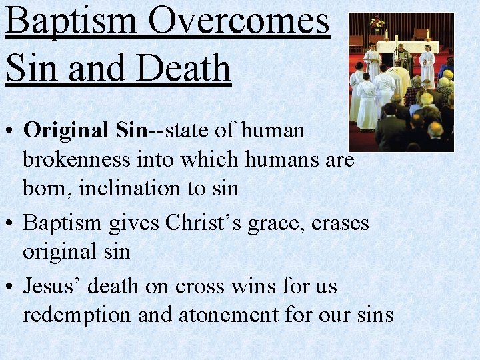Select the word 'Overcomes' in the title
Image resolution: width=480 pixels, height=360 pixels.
pyautogui.click(x=239, y=21)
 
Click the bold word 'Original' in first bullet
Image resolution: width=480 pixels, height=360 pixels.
pyautogui.click(x=65, y=130)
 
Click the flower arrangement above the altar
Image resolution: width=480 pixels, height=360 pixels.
pyautogui.click(x=377, y=24)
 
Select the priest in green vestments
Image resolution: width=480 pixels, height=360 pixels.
pyautogui.click(x=402, y=56)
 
